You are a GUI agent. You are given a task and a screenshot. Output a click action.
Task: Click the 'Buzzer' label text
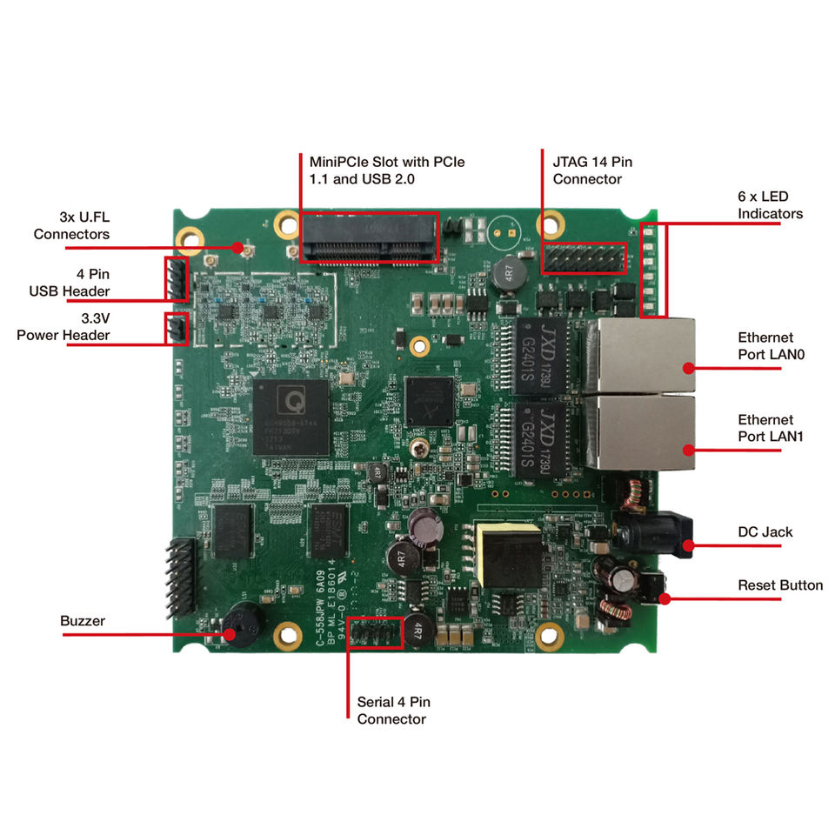pos(83,621)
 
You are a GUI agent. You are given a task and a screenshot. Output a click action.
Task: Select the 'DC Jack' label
pos(765,531)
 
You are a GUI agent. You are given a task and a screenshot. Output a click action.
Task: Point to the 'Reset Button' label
pos(780,585)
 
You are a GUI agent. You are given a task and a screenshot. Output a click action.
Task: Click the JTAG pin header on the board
pos(584,257)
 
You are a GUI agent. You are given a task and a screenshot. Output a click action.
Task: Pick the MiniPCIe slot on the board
pos(369,237)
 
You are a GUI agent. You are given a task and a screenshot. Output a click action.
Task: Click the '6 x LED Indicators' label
pos(770,204)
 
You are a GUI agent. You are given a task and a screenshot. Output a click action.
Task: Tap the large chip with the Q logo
pos(291,416)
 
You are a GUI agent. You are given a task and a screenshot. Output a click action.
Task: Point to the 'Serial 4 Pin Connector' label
pos(393,711)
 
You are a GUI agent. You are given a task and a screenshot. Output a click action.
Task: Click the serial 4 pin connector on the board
pos(376,632)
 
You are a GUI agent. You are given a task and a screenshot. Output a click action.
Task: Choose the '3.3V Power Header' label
pos(63,326)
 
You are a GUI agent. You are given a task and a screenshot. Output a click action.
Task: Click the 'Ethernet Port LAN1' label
pos(770,428)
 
